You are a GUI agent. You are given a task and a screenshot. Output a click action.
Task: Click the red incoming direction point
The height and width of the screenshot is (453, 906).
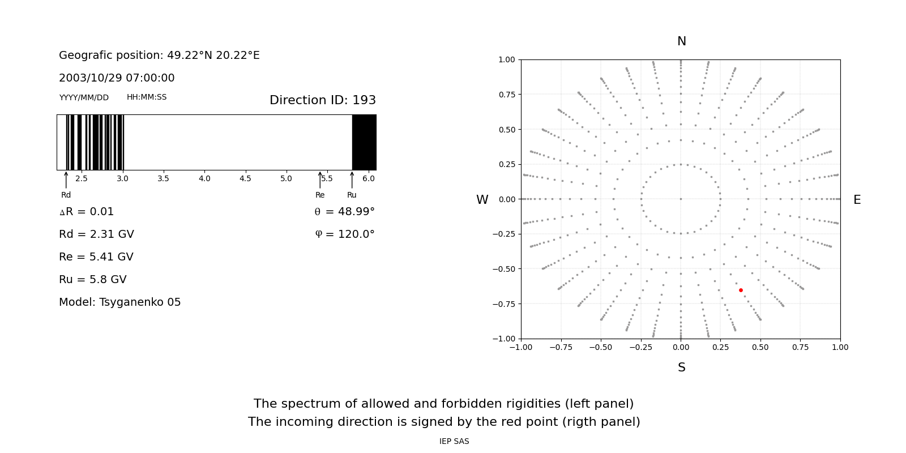tap(741, 290)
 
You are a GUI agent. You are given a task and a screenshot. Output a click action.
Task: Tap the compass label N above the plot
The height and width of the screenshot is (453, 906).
tap(681, 41)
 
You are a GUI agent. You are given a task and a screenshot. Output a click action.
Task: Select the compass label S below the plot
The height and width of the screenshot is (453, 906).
tap(681, 367)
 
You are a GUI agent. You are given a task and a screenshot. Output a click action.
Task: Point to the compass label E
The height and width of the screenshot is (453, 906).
tap(857, 200)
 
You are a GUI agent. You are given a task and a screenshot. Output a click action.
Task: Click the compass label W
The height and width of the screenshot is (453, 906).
tap(482, 200)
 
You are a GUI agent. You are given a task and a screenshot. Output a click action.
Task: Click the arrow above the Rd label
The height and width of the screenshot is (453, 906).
tap(66, 180)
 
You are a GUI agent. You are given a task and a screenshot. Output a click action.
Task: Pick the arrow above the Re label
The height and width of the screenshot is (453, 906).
tap(320, 180)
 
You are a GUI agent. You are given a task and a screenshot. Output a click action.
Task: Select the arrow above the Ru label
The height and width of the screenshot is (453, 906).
tap(352, 180)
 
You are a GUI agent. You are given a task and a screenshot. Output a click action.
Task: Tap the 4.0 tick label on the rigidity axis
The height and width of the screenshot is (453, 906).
tap(204, 179)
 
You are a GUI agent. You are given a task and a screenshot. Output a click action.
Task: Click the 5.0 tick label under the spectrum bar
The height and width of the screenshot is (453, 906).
tap(286, 179)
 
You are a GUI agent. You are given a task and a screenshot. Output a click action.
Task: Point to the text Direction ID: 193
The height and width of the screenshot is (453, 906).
tap(322, 100)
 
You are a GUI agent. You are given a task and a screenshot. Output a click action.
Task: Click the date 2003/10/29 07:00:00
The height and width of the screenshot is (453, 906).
tap(117, 78)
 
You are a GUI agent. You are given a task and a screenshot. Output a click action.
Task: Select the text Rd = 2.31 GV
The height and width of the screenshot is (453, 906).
tap(96, 234)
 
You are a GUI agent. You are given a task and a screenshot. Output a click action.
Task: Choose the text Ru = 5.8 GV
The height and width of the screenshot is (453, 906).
tap(93, 280)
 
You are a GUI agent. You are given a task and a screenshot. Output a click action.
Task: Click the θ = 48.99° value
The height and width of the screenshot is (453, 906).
tap(344, 212)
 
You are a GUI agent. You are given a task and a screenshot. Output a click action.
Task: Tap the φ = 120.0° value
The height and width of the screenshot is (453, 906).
tap(345, 234)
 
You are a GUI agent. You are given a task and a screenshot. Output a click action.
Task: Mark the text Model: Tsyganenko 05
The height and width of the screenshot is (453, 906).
tap(120, 302)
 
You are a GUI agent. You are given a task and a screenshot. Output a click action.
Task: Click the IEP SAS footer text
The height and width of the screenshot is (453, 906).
tap(454, 441)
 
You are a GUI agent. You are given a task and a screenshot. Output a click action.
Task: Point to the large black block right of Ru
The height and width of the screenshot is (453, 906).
tap(364, 142)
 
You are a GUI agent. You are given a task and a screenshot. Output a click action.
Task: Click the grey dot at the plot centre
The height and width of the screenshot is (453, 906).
tap(681, 199)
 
